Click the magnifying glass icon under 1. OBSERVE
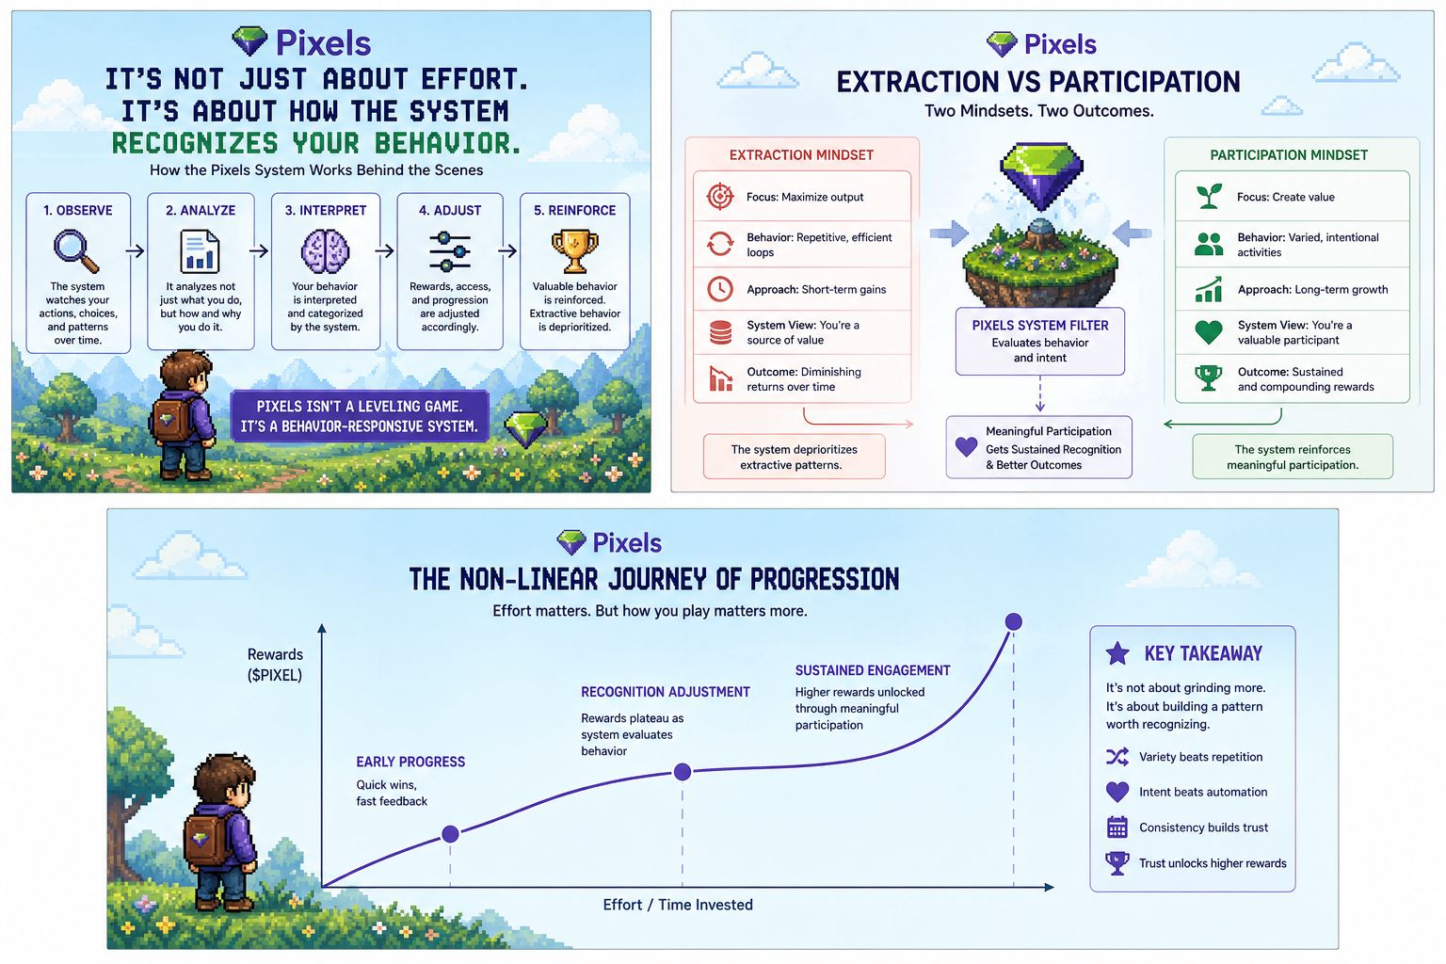75,250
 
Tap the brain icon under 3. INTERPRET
325,251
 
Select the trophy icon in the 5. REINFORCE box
574,250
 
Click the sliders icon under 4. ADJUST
450,251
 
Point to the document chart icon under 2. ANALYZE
200,251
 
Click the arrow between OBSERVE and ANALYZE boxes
136,250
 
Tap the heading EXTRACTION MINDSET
801,155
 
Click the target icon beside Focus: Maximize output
720,196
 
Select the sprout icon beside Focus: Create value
1209,196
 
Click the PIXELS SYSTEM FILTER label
1040,325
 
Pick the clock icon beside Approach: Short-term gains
720,289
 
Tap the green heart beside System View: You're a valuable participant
1209,331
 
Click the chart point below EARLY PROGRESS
450,834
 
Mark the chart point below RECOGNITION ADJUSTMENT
683,772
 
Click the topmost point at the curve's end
1014,621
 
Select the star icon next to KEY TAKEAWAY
1117,652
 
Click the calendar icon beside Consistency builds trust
1117,827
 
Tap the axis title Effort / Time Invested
678,905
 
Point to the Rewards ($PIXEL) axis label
275,665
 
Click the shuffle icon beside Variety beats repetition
1117,757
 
